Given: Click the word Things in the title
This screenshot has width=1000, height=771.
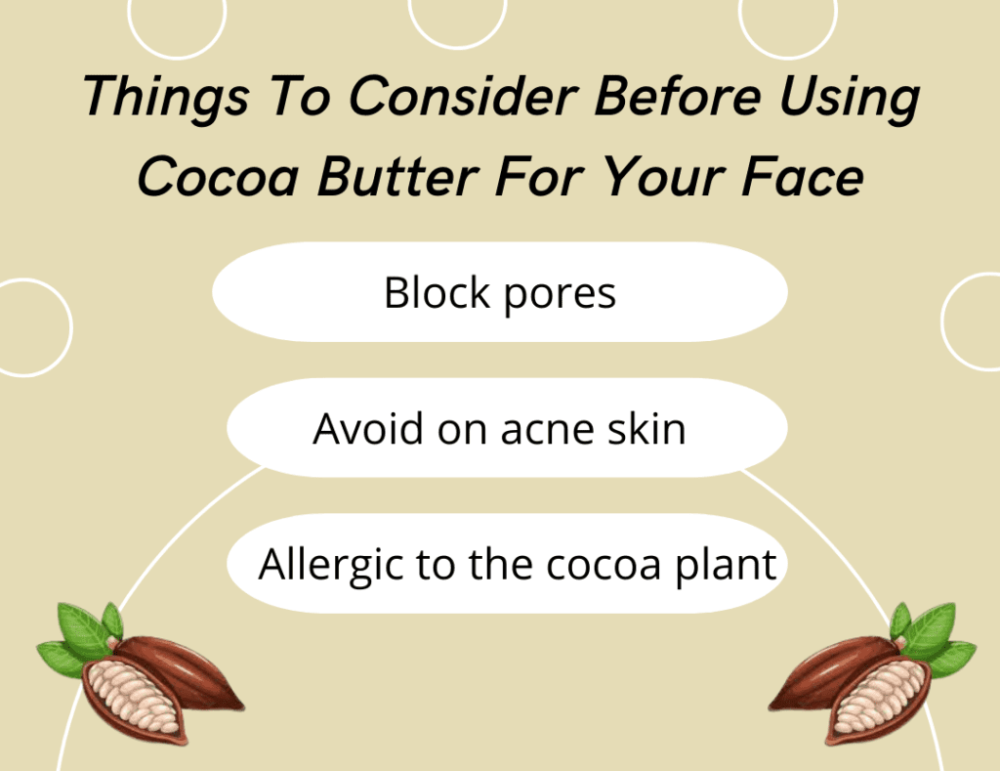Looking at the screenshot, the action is coord(166,97).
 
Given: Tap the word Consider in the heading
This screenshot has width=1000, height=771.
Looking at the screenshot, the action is coord(464,97).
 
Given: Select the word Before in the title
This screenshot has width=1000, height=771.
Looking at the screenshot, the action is coord(678,97).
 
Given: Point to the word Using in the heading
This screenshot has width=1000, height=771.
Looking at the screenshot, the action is coord(850,98).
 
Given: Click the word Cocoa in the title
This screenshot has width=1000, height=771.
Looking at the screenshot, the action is coord(218,176).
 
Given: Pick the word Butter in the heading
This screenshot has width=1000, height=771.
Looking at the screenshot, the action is coord(398,176).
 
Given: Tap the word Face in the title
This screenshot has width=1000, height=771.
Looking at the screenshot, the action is coord(803,176).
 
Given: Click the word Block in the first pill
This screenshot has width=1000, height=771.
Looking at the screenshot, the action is coord(437,292).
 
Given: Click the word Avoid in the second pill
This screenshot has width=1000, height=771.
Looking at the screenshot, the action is coord(368,428).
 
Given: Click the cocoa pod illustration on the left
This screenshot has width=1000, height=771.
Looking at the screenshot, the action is coord(141,672).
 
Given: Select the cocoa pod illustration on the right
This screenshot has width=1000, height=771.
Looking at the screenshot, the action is coord(872,672).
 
